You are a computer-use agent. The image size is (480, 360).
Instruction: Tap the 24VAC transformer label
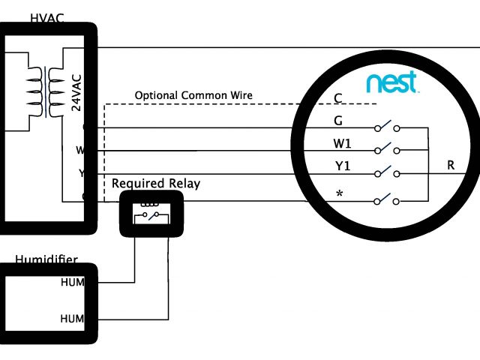(76, 91)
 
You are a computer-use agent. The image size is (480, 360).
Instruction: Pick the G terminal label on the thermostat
(338, 121)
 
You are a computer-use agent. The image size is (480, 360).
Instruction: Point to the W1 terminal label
(341, 143)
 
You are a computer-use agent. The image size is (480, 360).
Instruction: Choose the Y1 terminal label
(341, 167)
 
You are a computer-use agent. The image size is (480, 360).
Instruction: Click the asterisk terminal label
(339, 195)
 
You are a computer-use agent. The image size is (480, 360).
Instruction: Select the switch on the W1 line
(385, 149)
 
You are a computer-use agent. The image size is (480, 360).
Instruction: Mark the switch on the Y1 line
(385, 172)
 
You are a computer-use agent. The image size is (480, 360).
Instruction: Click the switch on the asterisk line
(385, 199)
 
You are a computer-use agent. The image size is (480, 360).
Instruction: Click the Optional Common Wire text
(193, 96)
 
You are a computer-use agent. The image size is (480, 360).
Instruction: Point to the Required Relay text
(156, 184)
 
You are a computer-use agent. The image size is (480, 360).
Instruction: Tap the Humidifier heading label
(46, 260)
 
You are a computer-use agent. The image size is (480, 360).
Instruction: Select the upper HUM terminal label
(73, 283)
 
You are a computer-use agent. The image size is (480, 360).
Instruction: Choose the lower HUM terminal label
(73, 319)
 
